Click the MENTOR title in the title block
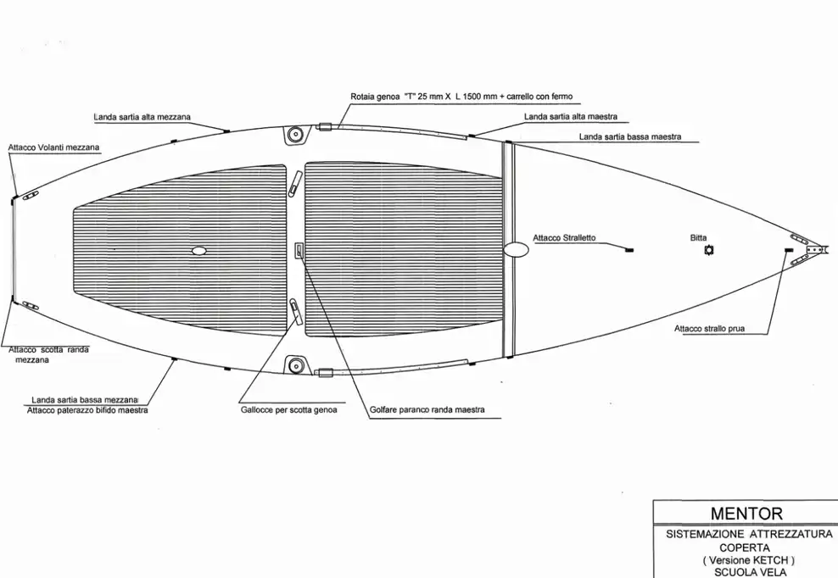point(746,514)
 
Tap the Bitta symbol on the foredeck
point(709,250)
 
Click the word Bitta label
point(698,237)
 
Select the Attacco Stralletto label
point(564,237)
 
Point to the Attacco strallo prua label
point(709,329)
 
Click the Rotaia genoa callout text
point(461,97)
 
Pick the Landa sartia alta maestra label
point(570,116)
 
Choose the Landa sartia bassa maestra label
point(630,136)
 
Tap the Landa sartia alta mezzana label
point(142,117)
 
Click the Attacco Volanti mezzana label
point(53,147)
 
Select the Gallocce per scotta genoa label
point(288,410)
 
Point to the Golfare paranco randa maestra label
point(427,409)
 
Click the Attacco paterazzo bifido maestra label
point(87,410)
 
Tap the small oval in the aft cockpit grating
point(198,251)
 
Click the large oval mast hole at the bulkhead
point(516,249)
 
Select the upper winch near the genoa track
point(294,135)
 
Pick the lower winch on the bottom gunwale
point(294,366)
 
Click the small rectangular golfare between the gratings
point(299,250)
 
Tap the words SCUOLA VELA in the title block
point(751,572)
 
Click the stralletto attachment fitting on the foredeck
point(629,250)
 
